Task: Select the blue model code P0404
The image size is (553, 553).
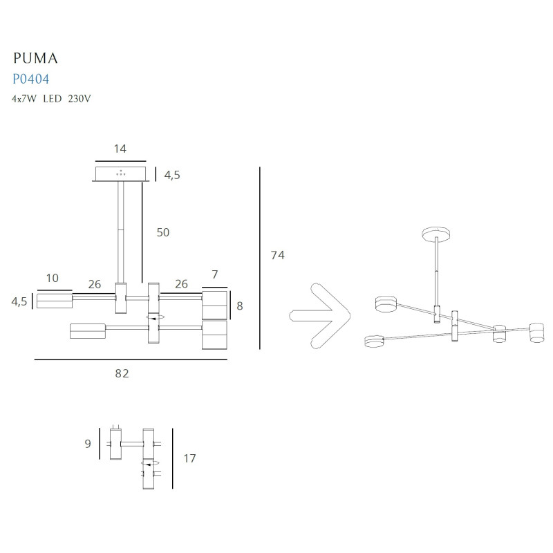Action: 30,79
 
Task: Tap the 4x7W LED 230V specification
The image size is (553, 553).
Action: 51,98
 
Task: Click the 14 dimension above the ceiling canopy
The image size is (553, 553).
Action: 120,148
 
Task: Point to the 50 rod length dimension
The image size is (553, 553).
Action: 162,232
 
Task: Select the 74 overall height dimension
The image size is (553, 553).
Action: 277,256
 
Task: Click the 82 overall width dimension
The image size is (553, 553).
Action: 122,373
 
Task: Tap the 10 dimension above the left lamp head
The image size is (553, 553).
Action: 53,278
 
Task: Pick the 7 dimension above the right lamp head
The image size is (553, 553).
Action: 215,274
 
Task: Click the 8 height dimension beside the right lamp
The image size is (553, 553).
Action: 240,306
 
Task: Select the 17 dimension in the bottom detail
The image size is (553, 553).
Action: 189,458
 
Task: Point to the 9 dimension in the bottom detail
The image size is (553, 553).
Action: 88,444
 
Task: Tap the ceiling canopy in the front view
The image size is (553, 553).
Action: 121,173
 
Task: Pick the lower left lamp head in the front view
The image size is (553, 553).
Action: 87,331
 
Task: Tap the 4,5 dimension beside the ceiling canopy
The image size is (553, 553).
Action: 171,175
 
